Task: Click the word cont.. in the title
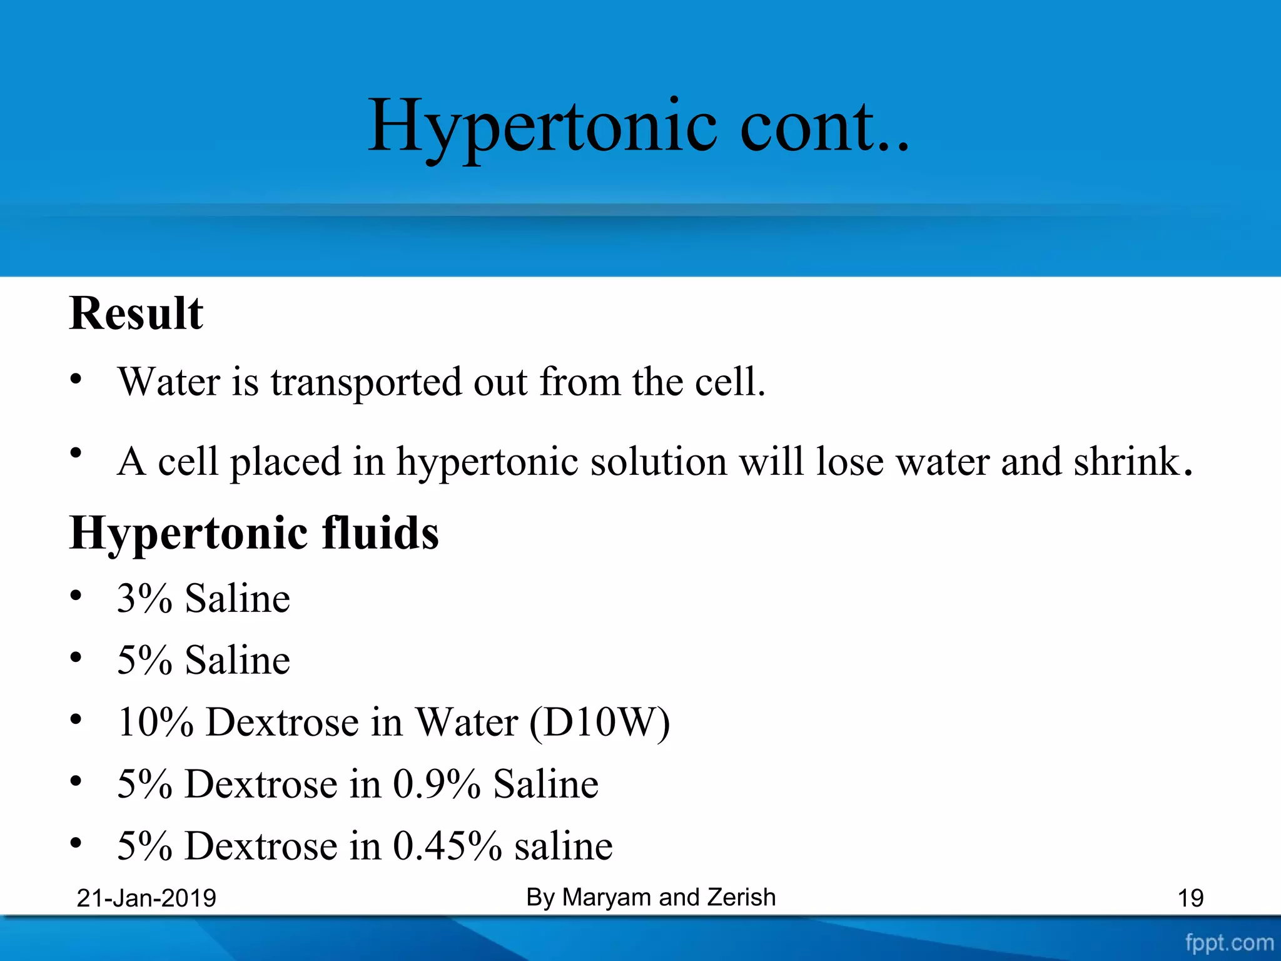[824, 126]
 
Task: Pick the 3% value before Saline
[144, 598]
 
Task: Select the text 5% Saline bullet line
[204, 660]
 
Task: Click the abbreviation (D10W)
[599, 722]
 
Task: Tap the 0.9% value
[437, 784]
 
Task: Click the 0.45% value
[447, 846]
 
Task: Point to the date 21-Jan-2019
[146, 898]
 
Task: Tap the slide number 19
[1190, 898]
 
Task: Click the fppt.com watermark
[1229, 943]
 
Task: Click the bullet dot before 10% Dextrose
[76, 720]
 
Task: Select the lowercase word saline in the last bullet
[563, 846]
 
